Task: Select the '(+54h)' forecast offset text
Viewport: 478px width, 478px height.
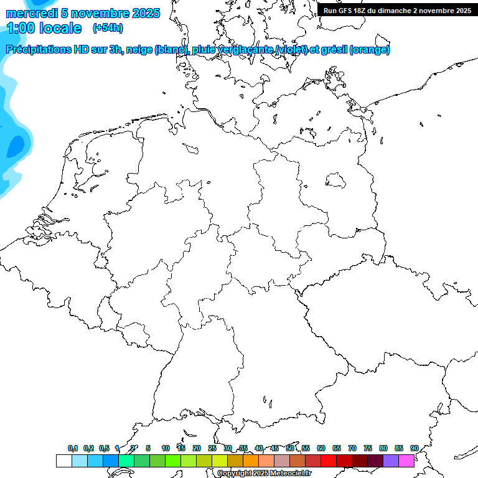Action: (x=107, y=28)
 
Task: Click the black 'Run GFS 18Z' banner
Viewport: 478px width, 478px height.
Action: (x=397, y=10)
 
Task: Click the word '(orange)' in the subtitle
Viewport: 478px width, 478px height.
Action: (x=370, y=50)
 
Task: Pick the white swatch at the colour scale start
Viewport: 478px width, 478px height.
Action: (x=63, y=461)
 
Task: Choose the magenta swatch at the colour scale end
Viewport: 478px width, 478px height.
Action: (x=406, y=461)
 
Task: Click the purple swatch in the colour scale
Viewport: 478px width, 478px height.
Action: (x=391, y=461)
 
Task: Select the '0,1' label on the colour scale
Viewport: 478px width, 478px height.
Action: (x=73, y=448)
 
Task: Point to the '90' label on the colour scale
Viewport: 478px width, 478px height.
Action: (x=415, y=448)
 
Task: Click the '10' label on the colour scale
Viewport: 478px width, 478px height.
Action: (x=166, y=448)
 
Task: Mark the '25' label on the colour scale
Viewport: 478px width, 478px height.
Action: (x=212, y=448)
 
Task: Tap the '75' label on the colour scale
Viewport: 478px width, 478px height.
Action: (x=368, y=448)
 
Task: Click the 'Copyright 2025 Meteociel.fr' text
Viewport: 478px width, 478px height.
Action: (x=264, y=473)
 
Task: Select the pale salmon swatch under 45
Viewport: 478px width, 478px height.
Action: (x=266, y=461)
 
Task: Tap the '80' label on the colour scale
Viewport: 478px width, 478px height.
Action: (x=383, y=448)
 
